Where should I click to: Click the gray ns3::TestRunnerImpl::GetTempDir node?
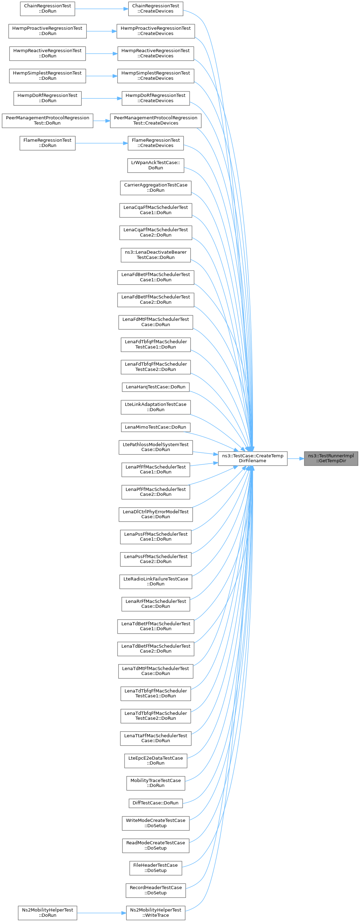click(x=331, y=458)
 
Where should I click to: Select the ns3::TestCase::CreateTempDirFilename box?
click(x=253, y=458)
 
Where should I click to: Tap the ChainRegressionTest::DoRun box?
click(x=48, y=9)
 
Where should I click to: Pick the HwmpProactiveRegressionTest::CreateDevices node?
click(x=156, y=31)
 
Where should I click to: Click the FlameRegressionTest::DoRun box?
click(x=48, y=143)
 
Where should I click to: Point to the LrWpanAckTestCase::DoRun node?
click(x=156, y=166)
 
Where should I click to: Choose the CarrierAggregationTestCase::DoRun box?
click(x=156, y=188)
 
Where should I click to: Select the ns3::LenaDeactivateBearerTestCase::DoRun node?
click(x=156, y=255)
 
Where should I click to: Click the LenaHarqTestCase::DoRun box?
click(x=156, y=387)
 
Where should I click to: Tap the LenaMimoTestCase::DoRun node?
click(x=156, y=427)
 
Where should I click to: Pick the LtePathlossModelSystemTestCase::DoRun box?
click(x=156, y=448)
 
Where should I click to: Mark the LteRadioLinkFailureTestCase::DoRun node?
click(x=156, y=582)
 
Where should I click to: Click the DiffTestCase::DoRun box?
click(x=156, y=803)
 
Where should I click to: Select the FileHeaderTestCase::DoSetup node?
click(x=156, y=868)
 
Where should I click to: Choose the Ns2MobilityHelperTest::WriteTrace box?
click(x=156, y=913)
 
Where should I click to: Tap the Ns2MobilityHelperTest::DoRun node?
click(x=48, y=913)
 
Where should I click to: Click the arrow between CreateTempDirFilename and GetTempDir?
click(x=296, y=458)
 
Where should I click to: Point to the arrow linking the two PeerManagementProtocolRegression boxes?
click(x=101, y=121)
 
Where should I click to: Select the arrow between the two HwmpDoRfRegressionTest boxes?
click(x=101, y=98)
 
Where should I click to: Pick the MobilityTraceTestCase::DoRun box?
click(x=156, y=783)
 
